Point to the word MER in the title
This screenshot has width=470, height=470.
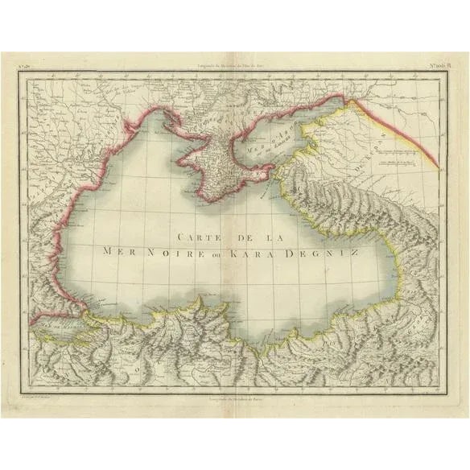(x=117, y=251)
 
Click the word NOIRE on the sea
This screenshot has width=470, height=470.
(x=167, y=251)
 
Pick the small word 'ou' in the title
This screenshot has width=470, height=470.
(x=212, y=252)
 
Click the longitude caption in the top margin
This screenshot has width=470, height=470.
(x=234, y=65)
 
